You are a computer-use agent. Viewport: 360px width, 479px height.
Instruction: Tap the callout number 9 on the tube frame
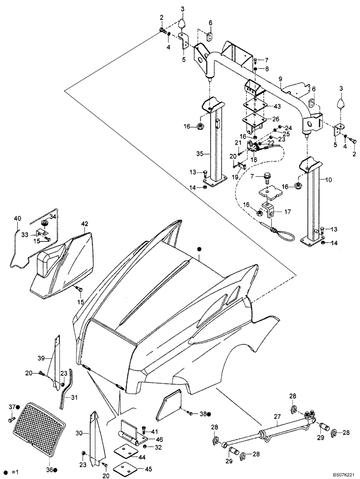coord(280,79)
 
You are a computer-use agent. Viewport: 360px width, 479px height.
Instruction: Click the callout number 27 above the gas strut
coord(277,418)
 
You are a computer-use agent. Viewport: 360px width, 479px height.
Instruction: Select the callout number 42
coord(85,224)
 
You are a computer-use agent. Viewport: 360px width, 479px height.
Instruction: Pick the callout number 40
coord(17,219)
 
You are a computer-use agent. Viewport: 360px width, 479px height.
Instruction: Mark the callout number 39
coord(41,358)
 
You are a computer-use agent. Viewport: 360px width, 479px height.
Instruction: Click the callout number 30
coord(80,433)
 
